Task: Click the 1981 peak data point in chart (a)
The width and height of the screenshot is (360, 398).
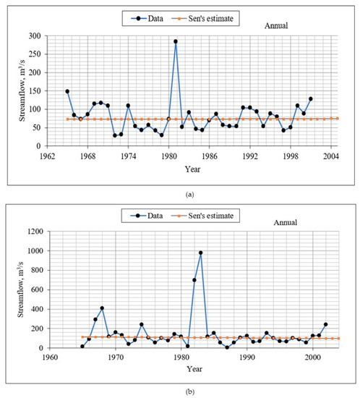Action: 175,41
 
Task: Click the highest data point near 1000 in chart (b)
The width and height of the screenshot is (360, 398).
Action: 200,253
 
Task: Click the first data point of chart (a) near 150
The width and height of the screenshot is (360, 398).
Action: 67,91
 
